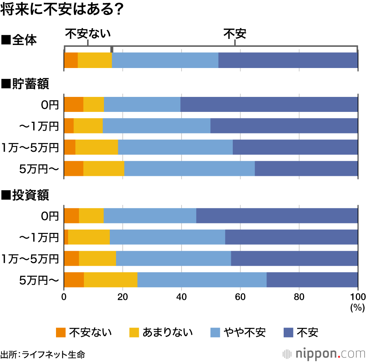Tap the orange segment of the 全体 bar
pyautogui.click(x=71, y=60)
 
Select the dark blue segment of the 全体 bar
pyautogui.click(x=288, y=60)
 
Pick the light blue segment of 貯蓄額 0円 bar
pyautogui.click(x=142, y=105)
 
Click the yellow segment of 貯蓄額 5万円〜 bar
pyautogui.click(x=104, y=169)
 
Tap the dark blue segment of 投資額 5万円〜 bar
pyautogui.click(x=312, y=280)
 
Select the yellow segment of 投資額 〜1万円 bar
pyautogui.click(x=89, y=237)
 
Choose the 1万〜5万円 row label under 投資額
pyautogui.click(x=30, y=259)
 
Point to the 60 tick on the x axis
pyautogui.click(x=240, y=297)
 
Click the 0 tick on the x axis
pyautogui.click(x=64, y=297)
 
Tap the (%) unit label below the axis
pyautogui.click(x=357, y=308)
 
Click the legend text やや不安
pyautogui.click(x=245, y=332)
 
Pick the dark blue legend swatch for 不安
pyautogui.click(x=289, y=332)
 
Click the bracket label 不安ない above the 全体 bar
pyautogui.click(x=88, y=34)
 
